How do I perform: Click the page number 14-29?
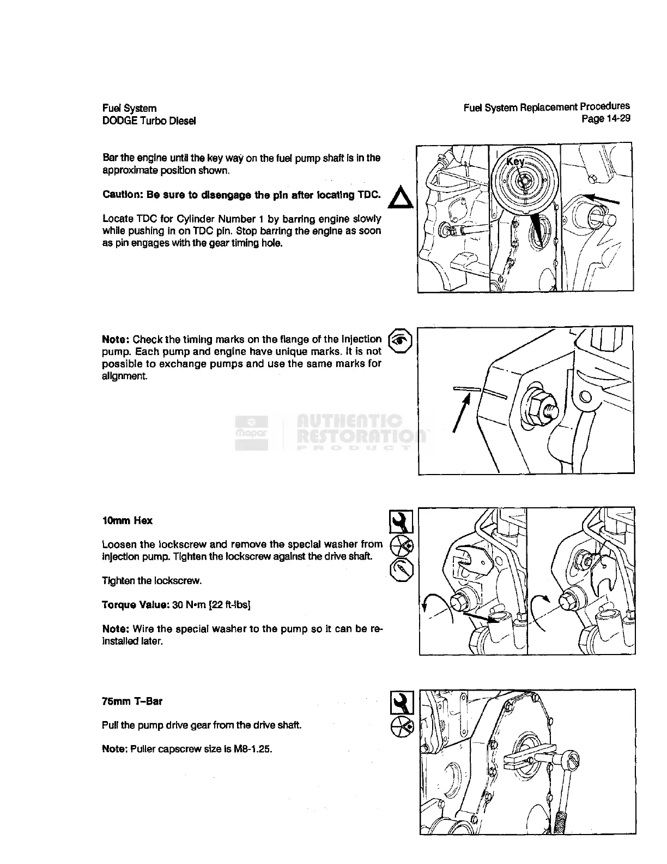click(616, 118)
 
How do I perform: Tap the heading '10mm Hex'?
click(127, 521)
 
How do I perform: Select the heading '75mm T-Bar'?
click(132, 701)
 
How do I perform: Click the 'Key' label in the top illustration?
click(516, 161)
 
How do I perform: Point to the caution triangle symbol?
click(401, 197)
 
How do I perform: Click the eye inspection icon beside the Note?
click(401, 340)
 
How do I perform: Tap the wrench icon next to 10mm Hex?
click(401, 522)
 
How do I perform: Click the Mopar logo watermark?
click(251, 433)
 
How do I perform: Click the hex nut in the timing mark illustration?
click(535, 404)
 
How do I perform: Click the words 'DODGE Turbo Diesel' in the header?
click(149, 121)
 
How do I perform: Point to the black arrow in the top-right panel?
click(602, 200)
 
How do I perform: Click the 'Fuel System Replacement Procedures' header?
click(547, 107)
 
